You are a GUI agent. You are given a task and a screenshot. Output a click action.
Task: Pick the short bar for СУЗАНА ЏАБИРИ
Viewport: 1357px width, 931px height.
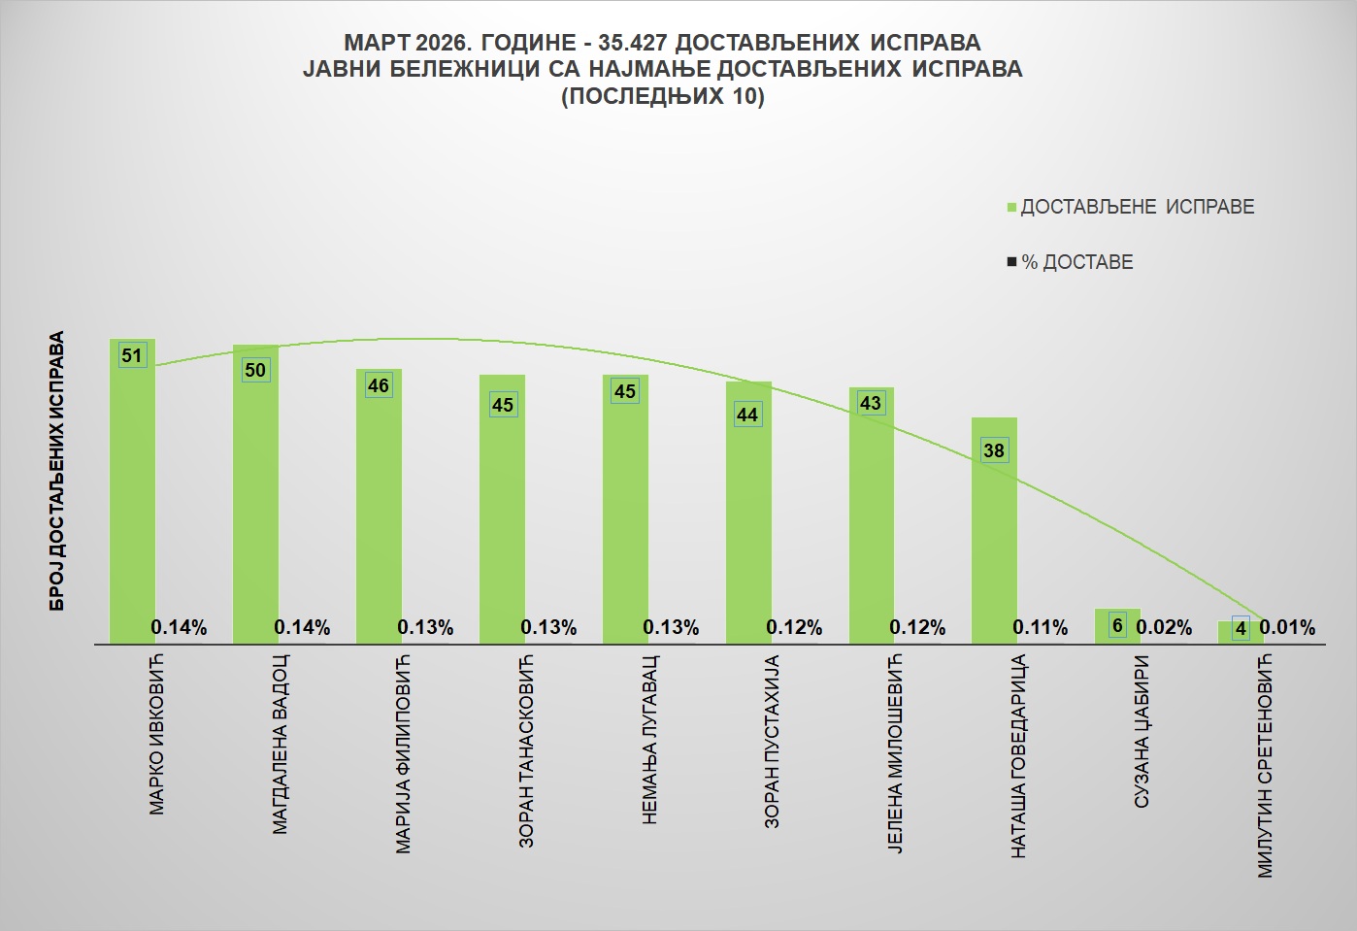pyautogui.click(x=1117, y=626)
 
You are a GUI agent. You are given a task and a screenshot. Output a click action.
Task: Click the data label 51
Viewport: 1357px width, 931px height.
pyautogui.click(x=132, y=355)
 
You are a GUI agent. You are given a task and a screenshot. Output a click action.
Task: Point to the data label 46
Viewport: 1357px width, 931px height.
pyautogui.click(x=379, y=385)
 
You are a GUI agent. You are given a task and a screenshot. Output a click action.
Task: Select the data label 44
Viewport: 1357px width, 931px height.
pyautogui.click(x=747, y=415)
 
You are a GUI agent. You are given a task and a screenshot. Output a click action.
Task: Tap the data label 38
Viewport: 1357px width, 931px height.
pyautogui.click(x=994, y=450)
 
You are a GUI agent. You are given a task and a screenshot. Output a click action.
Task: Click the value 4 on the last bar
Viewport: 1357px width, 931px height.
pyautogui.click(x=1241, y=628)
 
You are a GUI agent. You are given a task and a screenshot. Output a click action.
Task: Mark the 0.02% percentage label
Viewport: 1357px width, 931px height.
pyautogui.click(x=1164, y=628)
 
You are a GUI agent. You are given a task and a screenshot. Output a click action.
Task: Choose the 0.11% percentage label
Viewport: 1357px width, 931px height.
pyautogui.click(x=1041, y=628)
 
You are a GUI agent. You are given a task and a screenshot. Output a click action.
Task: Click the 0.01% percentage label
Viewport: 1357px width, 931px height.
pyautogui.click(x=1287, y=628)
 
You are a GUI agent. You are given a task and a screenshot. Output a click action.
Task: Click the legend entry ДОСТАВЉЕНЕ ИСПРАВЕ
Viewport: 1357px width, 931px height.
pyautogui.click(x=1137, y=207)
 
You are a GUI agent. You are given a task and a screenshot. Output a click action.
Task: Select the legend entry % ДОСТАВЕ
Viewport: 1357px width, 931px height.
pyautogui.click(x=1076, y=262)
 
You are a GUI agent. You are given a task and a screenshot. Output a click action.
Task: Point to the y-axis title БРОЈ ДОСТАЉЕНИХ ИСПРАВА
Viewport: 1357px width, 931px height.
pyautogui.click(x=57, y=471)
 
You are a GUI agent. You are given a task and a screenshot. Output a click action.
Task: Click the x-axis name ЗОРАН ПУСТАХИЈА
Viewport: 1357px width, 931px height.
pyautogui.click(x=773, y=743)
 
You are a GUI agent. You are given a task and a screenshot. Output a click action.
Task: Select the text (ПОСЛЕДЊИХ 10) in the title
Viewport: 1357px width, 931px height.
pyautogui.click(x=663, y=96)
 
